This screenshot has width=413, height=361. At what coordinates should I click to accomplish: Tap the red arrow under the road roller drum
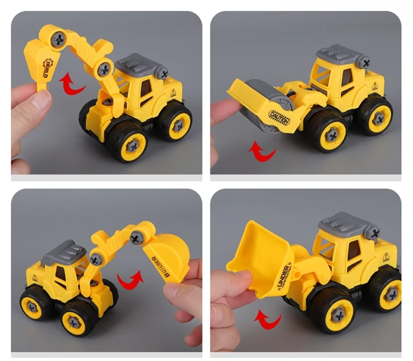pyautogui.click(x=262, y=150)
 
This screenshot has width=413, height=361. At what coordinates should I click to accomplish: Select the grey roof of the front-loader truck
pyautogui.click(x=349, y=223)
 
